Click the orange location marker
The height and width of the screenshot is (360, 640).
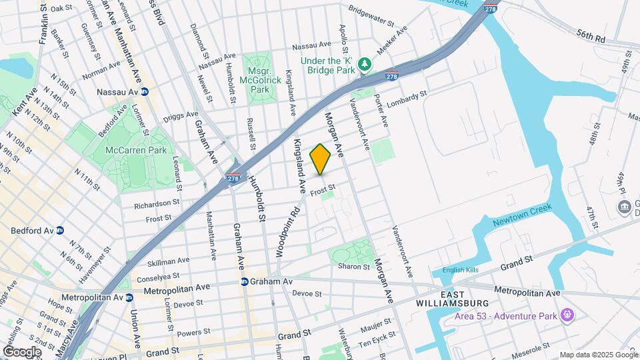321,159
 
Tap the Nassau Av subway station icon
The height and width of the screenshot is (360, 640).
145,92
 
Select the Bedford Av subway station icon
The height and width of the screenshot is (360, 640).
60,231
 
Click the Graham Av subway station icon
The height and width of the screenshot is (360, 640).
245,282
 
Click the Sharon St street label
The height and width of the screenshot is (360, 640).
353,266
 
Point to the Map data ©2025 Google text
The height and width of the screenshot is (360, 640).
599,355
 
